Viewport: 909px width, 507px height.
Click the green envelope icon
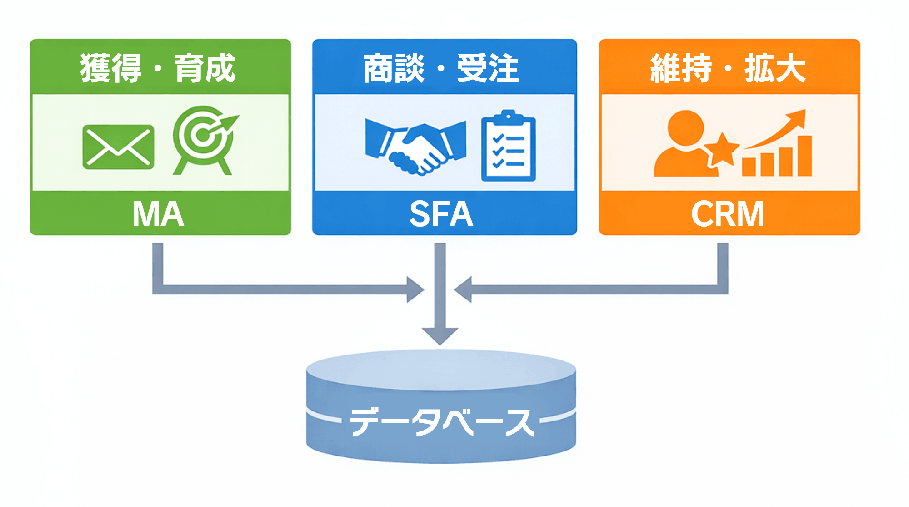click(118, 147)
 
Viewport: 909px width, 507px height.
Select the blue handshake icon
click(415, 146)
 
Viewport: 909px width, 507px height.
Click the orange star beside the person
click(723, 149)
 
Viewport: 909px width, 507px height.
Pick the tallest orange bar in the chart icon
click(804, 156)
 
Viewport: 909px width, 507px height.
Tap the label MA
click(159, 214)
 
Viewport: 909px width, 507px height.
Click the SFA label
click(441, 214)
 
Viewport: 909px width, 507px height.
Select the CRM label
click(728, 214)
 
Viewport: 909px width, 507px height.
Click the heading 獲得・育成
click(158, 68)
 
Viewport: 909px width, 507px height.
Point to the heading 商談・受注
click(441, 68)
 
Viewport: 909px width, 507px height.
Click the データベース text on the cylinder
click(441, 421)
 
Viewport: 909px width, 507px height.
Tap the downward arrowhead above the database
click(440, 335)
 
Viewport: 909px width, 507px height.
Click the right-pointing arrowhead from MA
click(415, 289)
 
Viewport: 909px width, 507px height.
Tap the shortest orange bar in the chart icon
click(749, 167)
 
